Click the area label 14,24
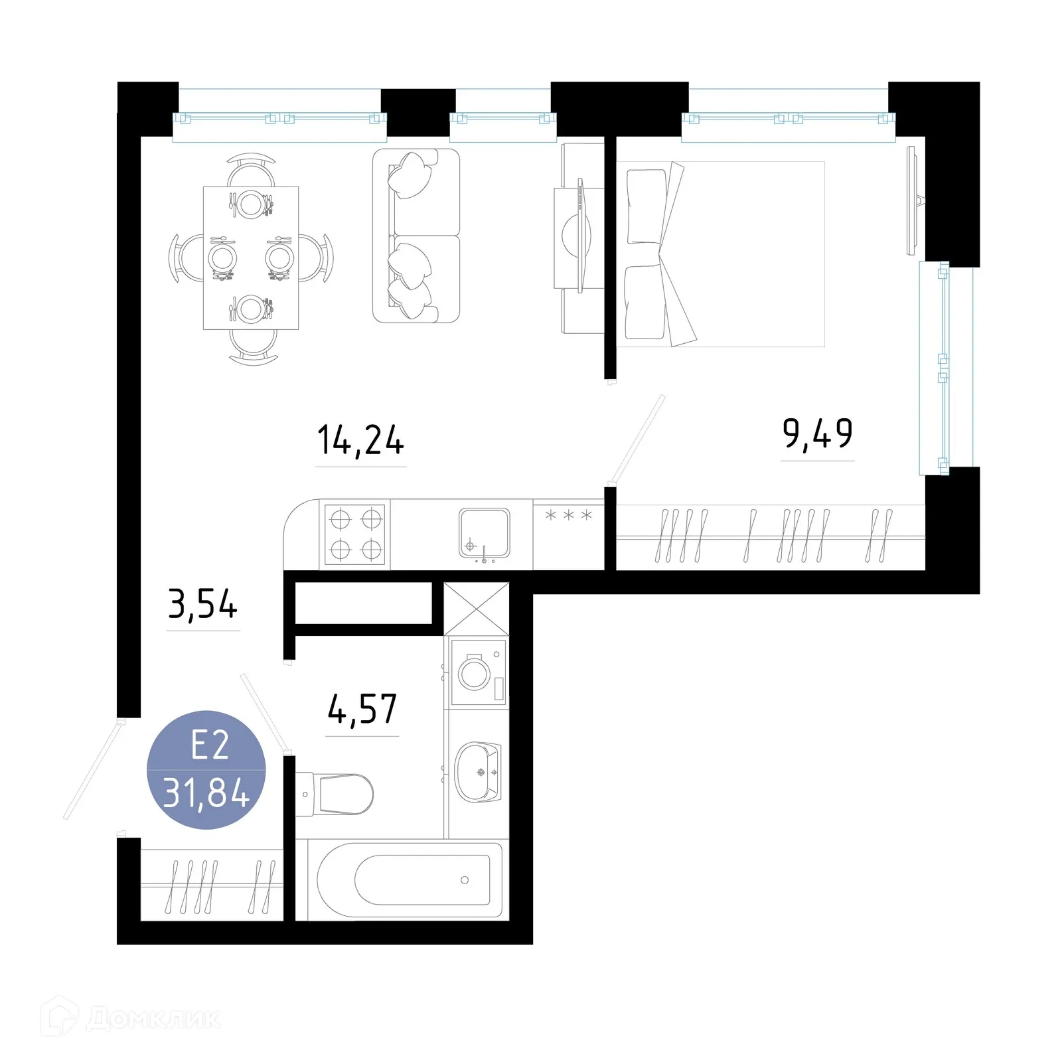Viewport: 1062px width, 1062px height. point(360,441)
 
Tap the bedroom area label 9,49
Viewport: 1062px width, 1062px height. point(817,434)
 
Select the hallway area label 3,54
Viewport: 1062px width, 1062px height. point(202,605)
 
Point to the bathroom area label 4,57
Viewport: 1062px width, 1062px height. point(362,709)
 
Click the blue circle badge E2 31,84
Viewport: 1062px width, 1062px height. point(206,770)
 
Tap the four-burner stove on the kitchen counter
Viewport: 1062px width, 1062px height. point(355,534)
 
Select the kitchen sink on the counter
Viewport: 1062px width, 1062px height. point(485,534)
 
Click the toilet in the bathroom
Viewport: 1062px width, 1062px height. point(335,794)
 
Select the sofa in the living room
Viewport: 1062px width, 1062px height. point(416,236)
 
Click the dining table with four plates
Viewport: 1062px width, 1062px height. point(251,258)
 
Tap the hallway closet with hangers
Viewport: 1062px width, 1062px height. point(212,885)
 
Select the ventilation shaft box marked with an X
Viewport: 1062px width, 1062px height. point(477,609)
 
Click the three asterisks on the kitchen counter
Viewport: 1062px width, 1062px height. point(568,515)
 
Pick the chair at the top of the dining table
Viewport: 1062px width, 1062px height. point(251,170)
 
